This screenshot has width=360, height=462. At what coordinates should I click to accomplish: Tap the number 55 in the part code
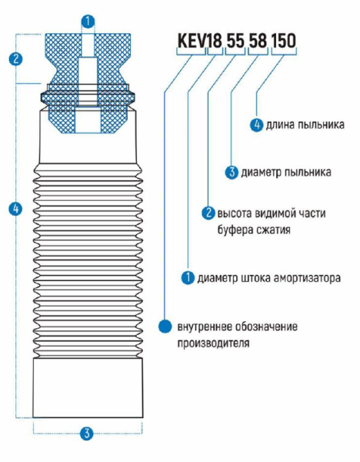tap(235, 39)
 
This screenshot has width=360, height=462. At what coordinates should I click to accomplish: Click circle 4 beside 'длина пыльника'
tap(258, 123)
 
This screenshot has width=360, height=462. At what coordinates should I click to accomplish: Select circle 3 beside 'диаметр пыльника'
tap(231, 172)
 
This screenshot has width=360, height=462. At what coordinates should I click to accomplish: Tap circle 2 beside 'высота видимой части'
tap(206, 213)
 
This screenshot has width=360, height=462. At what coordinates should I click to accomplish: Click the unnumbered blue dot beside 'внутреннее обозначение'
tap(164, 326)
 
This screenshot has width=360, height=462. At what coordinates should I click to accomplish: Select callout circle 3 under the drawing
tap(87, 434)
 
